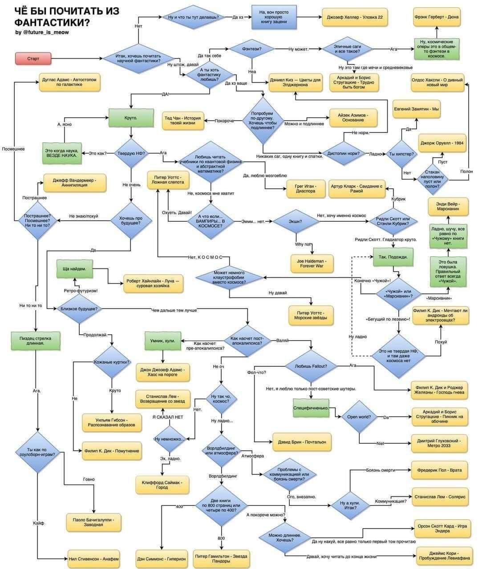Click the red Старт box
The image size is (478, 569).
pos(33,58)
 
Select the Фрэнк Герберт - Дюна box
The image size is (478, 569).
pos(436,17)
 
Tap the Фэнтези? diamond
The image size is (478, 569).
pos(252,48)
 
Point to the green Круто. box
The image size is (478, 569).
pos(131,118)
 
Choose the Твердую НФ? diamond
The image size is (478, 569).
pos(131,153)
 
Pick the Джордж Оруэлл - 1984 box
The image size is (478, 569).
pos(442,143)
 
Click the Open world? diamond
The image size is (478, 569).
pos(359,417)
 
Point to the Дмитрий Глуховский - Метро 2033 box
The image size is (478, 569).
pos(439,443)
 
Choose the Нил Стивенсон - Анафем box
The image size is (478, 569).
pos(94,558)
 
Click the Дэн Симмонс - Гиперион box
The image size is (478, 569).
pos(161,558)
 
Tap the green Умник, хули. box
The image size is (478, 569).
pos(162,341)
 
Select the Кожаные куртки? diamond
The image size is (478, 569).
pos(112,362)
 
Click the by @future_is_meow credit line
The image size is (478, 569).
pos(42,32)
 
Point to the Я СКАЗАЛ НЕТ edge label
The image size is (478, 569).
pos(167,417)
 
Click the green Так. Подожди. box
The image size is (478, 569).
pos(393,257)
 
